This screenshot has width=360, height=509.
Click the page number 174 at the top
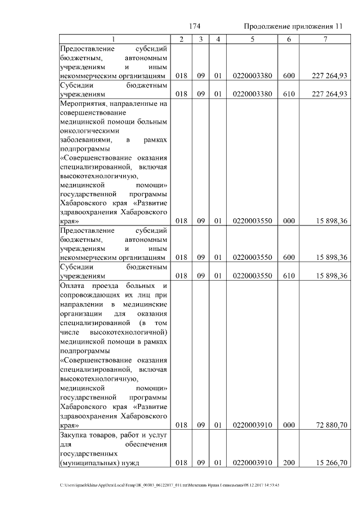pos(195,26)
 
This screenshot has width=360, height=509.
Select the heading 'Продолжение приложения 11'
pos(292,26)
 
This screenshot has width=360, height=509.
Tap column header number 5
pos(253,39)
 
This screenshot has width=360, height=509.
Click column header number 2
pos(181,39)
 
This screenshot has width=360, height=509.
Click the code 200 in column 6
pos(289,462)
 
